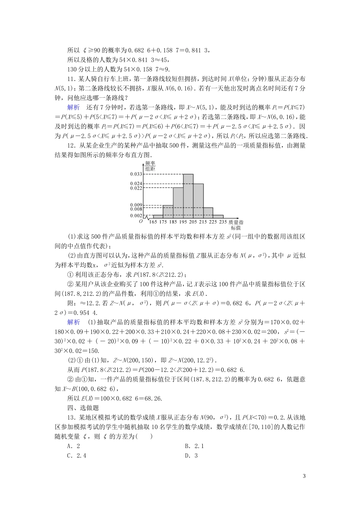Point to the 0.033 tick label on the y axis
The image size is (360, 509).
click(x=136, y=174)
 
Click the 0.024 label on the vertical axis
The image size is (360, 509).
click(x=136, y=184)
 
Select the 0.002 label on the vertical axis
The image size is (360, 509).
click(x=136, y=215)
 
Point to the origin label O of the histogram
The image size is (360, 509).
click(x=141, y=221)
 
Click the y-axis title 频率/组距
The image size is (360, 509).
click(x=150, y=166)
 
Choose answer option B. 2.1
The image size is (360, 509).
click(x=194, y=446)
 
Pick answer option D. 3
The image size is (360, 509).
click(x=191, y=456)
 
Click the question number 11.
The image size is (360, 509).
click(x=71, y=79)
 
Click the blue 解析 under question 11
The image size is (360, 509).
click(x=74, y=107)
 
